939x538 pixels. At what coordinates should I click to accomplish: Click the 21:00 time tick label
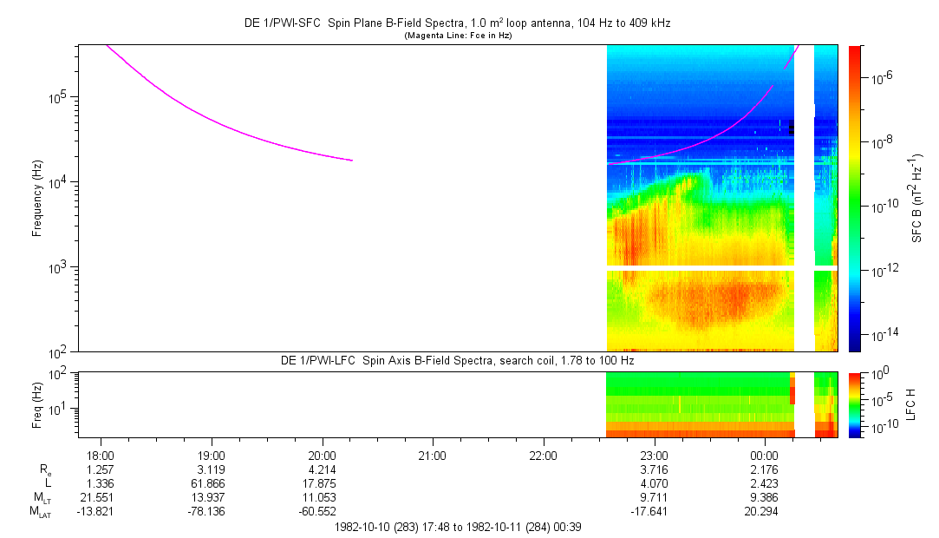coord(433,455)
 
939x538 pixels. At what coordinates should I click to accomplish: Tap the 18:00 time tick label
coord(101,455)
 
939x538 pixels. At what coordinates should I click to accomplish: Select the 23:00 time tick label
coord(654,455)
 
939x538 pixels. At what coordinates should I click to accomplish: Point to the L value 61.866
coord(212,483)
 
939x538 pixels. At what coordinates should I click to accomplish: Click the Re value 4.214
coord(323,469)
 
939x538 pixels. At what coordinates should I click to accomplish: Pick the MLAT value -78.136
coord(212,512)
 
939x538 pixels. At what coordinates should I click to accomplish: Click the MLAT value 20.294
coord(764,512)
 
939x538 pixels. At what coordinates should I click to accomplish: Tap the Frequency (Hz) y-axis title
coord(37,198)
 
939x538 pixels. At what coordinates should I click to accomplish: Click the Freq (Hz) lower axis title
coord(37,403)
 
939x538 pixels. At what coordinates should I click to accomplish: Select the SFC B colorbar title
coord(917,199)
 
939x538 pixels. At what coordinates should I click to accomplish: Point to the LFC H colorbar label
coord(910,404)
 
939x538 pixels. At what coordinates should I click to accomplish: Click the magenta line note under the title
coord(459,36)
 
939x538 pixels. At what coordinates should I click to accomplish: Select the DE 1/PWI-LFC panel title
coord(458,359)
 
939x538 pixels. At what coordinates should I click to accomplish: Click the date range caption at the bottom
coord(457,527)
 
